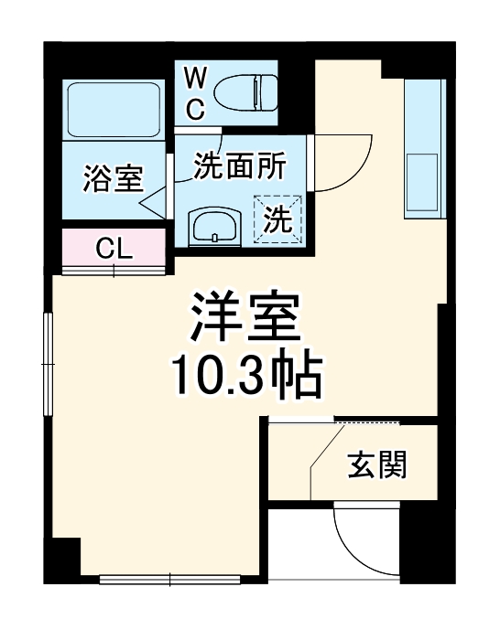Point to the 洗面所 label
(239, 165)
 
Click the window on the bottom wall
(170, 578)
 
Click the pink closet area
(114, 248)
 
